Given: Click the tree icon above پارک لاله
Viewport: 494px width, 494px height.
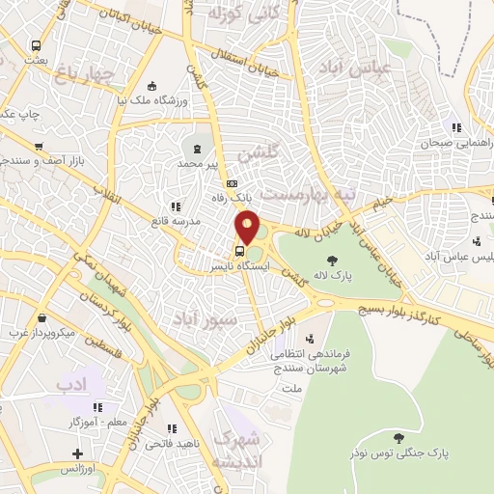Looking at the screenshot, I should pyautogui.click(x=333, y=261).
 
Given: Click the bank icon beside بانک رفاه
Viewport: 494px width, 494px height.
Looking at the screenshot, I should pyautogui.click(x=231, y=183).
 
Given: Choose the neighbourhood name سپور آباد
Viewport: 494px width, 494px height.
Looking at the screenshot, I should pyautogui.click(x=200, y=316).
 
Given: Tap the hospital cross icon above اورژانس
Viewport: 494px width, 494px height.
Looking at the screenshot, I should pyautogui.click(x=77, y=453).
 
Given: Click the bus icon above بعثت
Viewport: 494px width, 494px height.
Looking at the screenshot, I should pyautogui.click(x=36, y=45).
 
